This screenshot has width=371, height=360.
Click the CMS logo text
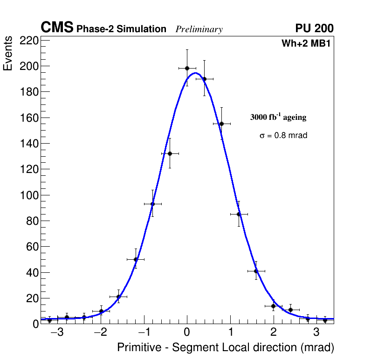point(57,28)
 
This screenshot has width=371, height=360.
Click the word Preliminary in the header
point(199,29)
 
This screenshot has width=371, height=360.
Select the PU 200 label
point(314,28)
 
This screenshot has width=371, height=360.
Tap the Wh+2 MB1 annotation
point(306,43)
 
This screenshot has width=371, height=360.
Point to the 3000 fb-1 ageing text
point(278,117)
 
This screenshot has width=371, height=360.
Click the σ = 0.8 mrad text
point(283,136)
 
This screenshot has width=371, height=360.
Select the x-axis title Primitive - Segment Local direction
point(226,347)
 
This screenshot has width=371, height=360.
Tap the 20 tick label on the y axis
point(30,298)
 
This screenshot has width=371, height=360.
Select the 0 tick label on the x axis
point(187,333)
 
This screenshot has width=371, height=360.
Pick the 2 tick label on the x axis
point(273,333)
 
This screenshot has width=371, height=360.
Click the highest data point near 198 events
point(187,68)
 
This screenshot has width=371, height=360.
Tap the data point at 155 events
point(221,124)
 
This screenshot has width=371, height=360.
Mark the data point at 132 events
point(170,153)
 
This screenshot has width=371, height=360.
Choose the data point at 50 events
point(136,259)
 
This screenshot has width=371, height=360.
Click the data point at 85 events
point(239,214)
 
